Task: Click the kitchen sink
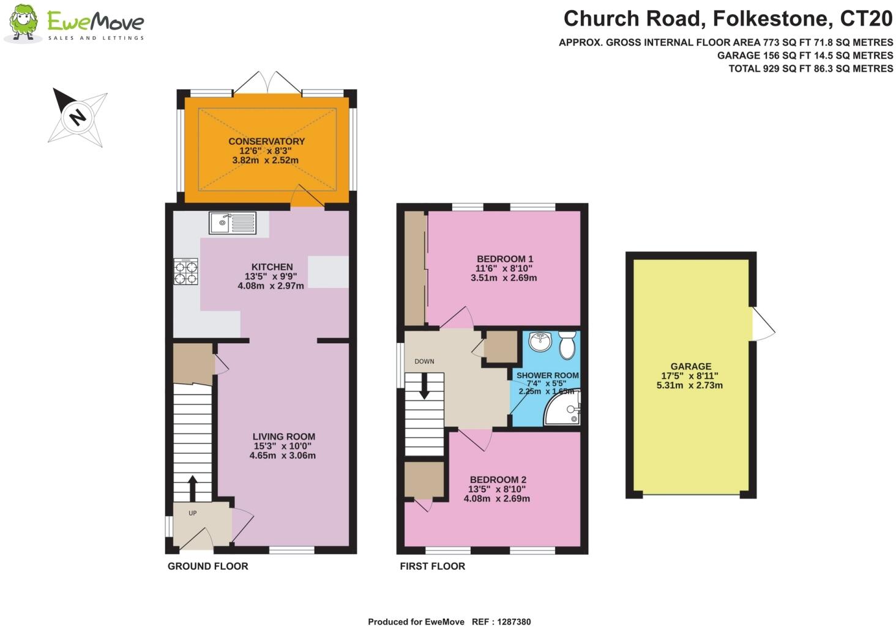pyautogui.click(x=233, y=223)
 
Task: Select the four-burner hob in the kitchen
pyautogui.click(x=186, y=271)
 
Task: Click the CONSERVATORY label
pyautogui.click(x=266, y=141)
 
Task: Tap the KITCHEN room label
pyautogui.click(x=272, y=267)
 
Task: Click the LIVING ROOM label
pyautogui.click(x=283, y=437)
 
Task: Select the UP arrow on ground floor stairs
pyautogui.click(x=192, y=488)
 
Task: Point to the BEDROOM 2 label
pyautogui.click(x=498, y=480)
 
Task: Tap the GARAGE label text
pyautogui.click(x=690, y=366)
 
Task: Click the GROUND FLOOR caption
pyautogui.click(x=207, y=566)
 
